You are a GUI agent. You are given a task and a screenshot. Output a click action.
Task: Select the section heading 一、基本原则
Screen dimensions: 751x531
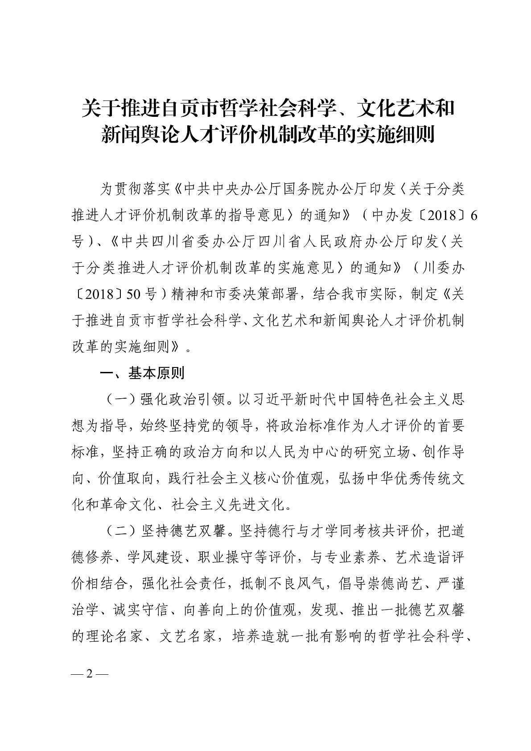(x=142, y=373)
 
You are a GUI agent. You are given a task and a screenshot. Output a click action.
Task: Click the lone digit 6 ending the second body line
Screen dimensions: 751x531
(x=474, y=215)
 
